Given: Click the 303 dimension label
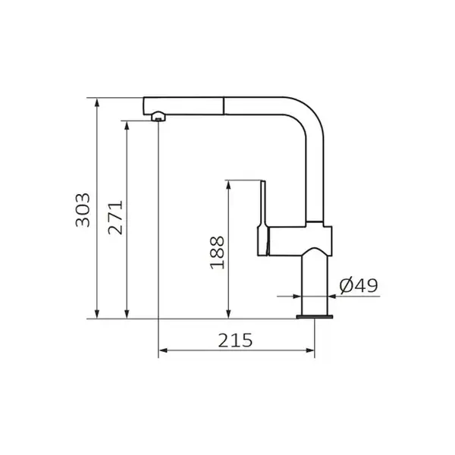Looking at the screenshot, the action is tap(83, 210).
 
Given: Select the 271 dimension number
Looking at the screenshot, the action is tap(115, 218).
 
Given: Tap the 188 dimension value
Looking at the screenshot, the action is tap(218, 253).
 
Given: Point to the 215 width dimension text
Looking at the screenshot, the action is tap(235, 340).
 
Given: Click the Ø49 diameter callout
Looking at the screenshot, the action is tap(359, 286).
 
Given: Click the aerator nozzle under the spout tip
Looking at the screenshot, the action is tap(158, 116).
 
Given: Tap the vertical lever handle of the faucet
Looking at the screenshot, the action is tap(263, 218).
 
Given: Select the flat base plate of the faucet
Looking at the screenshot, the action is tap(315, 316).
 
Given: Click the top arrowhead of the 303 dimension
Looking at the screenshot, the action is tap(97, 102).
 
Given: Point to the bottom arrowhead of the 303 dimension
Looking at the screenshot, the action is tap(97, 314).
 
